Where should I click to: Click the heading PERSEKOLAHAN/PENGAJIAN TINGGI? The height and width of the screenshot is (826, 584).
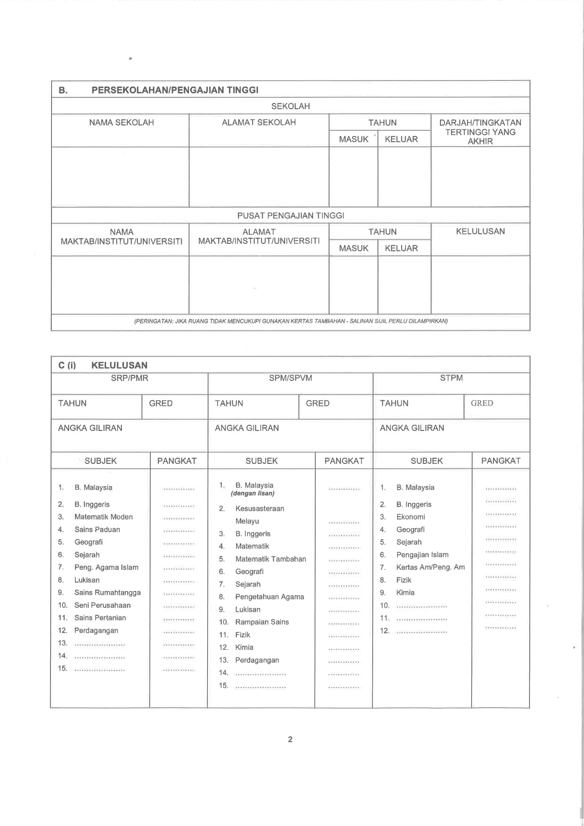[x=175, y=90]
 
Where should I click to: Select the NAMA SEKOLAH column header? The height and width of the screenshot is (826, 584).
[x=122, y=122]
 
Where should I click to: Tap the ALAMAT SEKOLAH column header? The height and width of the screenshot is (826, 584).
[x=259, y=122]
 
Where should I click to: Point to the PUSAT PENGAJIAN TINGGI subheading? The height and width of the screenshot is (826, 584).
[x=291, y=216]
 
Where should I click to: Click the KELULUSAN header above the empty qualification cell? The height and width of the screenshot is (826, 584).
[x=480, y=232]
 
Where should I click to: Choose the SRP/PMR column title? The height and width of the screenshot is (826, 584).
[x=130, y=378]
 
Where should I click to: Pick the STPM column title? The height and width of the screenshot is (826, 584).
[x=451, y=378]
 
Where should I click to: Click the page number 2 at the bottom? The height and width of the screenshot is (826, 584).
[x=290, y=739]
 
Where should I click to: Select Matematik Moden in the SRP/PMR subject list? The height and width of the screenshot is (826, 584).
[x=104, y=517]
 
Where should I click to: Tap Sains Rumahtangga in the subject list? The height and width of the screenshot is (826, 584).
[x=107, y=593]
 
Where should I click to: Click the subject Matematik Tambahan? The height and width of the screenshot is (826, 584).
[x=270, y=559]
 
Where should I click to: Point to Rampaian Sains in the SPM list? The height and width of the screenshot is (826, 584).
[x=262, y=622]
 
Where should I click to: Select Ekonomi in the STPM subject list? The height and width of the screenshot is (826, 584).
[x=411, y=517]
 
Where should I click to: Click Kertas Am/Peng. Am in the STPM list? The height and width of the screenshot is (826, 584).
[x=430, y=567]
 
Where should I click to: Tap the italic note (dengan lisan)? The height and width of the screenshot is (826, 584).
[x=252, y=494]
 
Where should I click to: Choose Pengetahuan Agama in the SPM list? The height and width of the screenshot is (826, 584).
[x=269, y=597]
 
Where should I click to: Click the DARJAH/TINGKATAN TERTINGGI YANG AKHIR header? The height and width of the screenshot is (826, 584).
[x=480, y=132]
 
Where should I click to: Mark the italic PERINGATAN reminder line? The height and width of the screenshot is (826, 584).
[x=291, y=321]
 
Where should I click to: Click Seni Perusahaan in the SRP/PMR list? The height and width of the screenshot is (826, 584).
[x=102, y=606]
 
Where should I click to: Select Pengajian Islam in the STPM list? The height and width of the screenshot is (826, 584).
[x=422, y=555]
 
